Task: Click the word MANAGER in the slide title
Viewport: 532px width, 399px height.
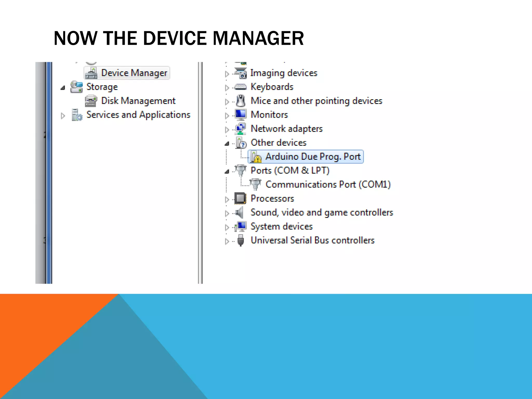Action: tap(258, 38)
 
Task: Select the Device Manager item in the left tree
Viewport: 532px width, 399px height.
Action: tap(134, 73)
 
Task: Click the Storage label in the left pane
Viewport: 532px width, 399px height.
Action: tap(102, 87)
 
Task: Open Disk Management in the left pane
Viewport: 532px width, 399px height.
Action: tap(138, 101)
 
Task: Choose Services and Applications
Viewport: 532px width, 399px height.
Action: tap(138, 115)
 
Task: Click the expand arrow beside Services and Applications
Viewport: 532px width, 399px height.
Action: tap(63, 116)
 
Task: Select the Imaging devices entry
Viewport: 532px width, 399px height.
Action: tap(284, 73)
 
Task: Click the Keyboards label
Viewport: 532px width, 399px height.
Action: tap(272, 87)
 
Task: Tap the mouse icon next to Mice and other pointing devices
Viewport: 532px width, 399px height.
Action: tap(241, 101)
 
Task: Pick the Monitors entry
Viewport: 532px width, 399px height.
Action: tap(269, 115)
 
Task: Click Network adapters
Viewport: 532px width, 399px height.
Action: tap(286, 129)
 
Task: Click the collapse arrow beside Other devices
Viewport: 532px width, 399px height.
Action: tap(227, 143)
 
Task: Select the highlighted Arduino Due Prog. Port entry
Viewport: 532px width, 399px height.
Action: tap(313, 157)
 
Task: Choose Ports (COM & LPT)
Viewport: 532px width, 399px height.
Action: tap(290, 171)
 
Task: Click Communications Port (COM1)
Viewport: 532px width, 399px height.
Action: tap(328, 184)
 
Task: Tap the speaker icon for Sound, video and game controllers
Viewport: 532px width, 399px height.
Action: tap(240, 213)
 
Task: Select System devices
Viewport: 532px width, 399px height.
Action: tap(281, 227)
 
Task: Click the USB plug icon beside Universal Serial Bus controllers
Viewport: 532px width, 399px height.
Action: tap(241, 241)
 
